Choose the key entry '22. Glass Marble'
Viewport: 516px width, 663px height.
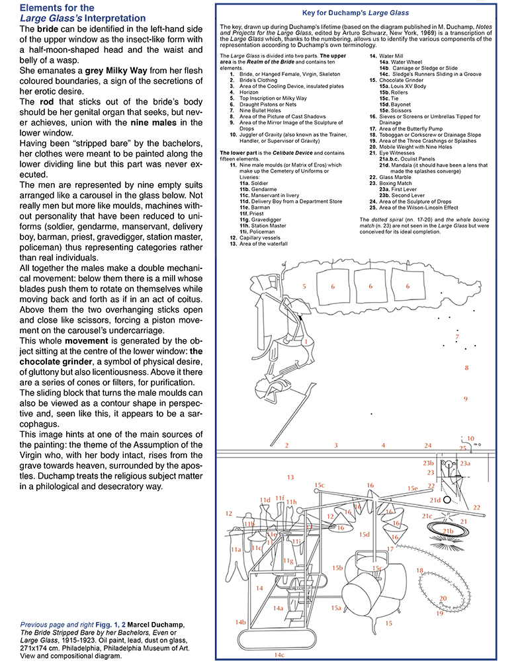[x=392, y=177]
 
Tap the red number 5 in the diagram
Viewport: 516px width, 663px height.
[x=304, y=287]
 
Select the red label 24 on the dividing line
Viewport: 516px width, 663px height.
[x=428, y=446]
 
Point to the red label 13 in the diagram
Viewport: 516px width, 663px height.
[x=290, y=477]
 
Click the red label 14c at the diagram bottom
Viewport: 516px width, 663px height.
[x=280, y=654]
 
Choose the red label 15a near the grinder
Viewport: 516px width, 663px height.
[x=336, y=607]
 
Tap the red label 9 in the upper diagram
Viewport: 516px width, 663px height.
[x=466, y=399]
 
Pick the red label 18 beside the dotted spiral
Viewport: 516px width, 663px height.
[x=419, y=570]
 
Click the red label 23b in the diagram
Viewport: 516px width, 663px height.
[x=428, y=463]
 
